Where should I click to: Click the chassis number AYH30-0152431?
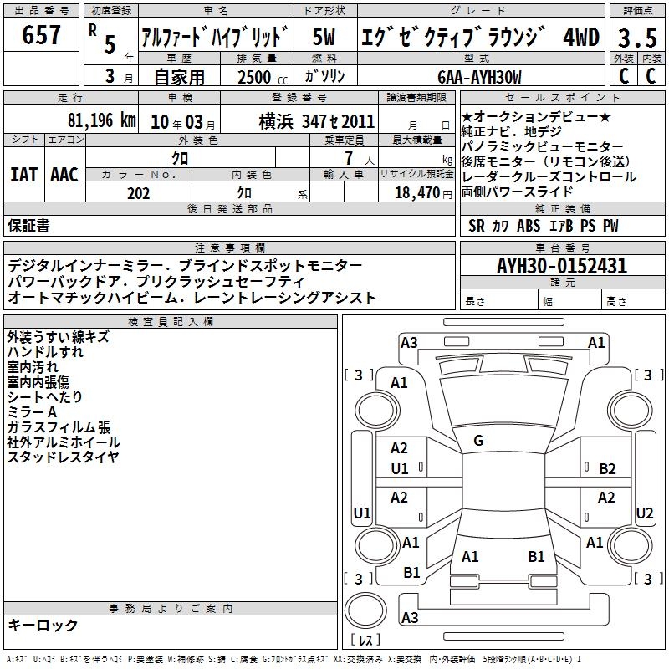562,266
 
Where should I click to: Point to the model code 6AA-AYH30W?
479,78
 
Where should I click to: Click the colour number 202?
138,192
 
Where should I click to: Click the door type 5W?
325,37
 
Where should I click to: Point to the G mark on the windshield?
478,441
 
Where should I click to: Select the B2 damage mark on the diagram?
607,469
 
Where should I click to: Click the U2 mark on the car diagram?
645,513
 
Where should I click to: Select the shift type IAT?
23,175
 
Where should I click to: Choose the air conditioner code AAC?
64,175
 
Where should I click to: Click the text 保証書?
28,225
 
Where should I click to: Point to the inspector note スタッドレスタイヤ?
63,457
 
